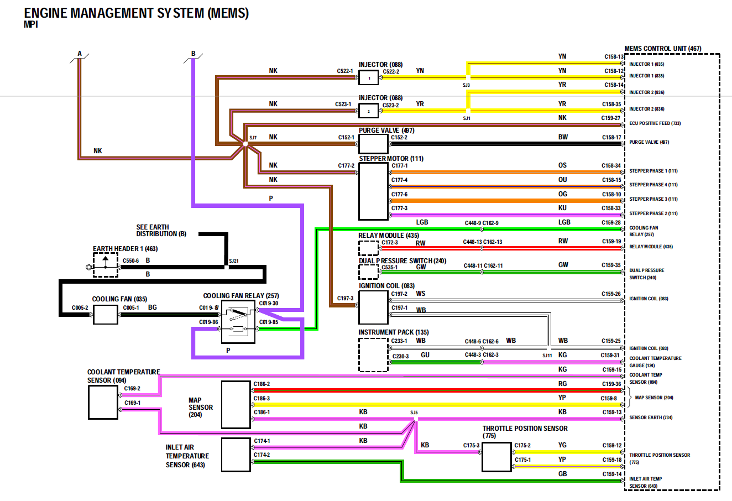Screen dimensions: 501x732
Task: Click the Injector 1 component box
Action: pyautogui.click(x=369, y=78)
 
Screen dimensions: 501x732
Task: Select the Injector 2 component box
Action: pyautogui.click(x=369, y=111)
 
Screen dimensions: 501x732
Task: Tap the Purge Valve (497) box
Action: pyautogui.click(x=373, y=144)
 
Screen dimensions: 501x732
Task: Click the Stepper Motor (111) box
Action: pyautogui.click(x=373, y=191)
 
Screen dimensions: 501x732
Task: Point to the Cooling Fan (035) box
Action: pyautogui.click(x=105, y=315)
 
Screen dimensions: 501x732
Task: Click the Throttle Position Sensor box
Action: pyautogui.click(x=496, y=457)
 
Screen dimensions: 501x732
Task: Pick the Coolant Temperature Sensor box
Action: pyautogui.click(x=103, y=402)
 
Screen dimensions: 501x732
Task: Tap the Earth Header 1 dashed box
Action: pyautogui.click(x=105, y=264)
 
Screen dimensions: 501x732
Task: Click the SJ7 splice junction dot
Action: pyautogui.click(x=245, y=144)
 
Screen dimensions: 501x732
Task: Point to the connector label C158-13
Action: pyautogui.click(x=613, y=56)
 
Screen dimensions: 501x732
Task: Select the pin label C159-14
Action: pyautogui.click(x=611, y=474)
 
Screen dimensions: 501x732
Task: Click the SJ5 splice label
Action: pyautogui.click(x=414, y=413)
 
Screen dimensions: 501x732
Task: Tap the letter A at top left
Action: pyautogui.click(x=80, y=54)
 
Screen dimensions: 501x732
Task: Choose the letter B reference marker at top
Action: pyautogui.click(x=194, y=54)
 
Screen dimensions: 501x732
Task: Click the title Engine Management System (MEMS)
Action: pyautogui.click(x=136, y=13)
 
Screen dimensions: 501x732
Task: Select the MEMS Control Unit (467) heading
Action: pyautogui.click(x=663, y=49)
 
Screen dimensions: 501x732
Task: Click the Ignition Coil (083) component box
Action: pyautogui.click(x=373, y=307)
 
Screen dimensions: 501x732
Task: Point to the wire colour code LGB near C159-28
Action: pyautogui.click(x=564, y=222)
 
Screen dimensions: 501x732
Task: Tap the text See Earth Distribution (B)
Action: pyautogui.click(x=161, y=231)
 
